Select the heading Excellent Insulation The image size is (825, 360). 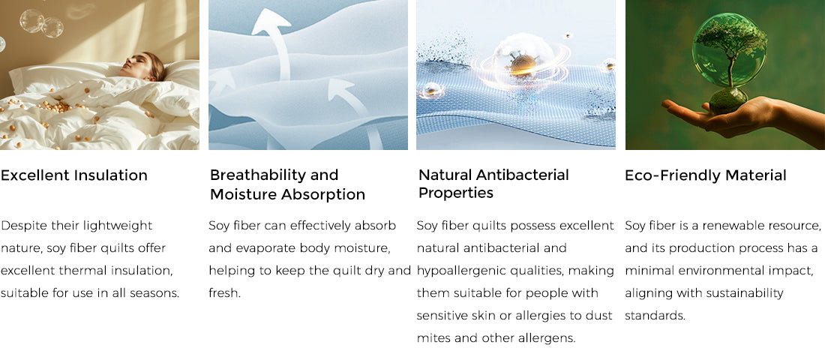click(74, 175)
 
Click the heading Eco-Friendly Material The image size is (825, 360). click(706, 175)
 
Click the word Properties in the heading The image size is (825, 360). click(456, 193)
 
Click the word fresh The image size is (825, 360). click(225, 292)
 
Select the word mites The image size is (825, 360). click(433, 337)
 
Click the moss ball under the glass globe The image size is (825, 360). click(728, 100)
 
